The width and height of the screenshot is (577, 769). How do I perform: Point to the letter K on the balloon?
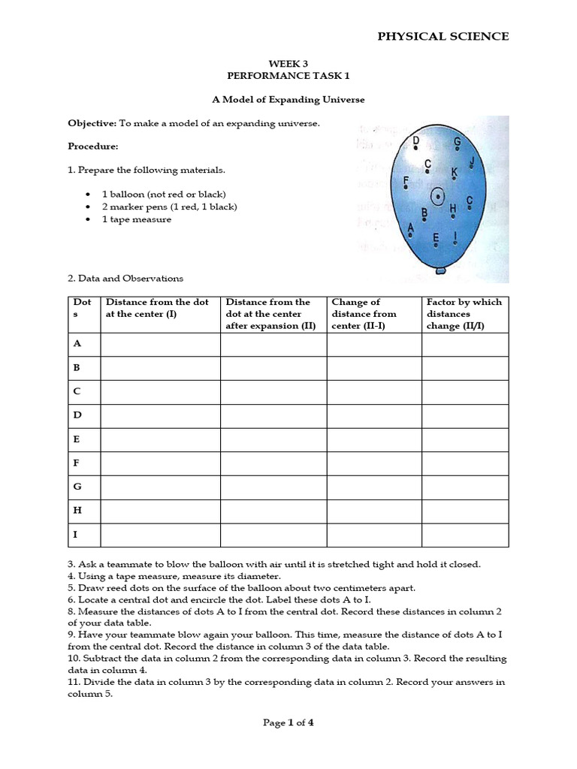pyautogui.click(x=454, y=173)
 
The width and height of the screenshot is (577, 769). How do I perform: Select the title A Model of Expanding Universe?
pyautogui.click(x=288, y=99)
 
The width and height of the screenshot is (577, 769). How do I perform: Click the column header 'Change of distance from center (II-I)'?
pyautogui.click(x=364, y=314)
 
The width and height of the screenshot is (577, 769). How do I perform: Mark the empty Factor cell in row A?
pyautogui.click(x=464, y=344)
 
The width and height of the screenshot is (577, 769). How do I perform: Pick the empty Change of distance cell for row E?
pyautogui.click(x=373, y=439)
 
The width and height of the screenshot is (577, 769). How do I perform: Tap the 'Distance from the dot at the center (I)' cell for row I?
pyautogui.click(x=160, y=535)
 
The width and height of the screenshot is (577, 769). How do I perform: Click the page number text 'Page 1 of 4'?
pyautogui.click(x=288, y=722)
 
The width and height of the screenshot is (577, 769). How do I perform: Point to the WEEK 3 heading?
pyautogui.click(x=288, y=65)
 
